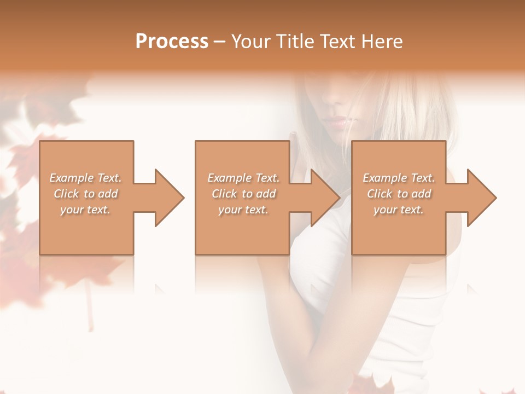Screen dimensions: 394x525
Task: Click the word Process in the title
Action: tap(172, 42)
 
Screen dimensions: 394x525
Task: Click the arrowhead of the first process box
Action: tap(167, 198)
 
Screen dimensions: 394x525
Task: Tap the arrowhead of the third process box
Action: tap(480, 198)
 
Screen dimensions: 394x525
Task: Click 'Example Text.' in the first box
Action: tap(86, 178)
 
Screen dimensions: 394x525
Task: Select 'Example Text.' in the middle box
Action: tap(243, 178)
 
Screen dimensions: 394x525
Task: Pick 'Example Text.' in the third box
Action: tap(399, 178)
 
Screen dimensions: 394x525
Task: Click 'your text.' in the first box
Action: tap(85, 210)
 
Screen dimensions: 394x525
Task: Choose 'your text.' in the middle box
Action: tap(243, 210)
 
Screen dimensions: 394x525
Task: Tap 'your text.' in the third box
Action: tap(399, 210)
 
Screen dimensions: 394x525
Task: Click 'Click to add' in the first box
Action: tap(86, 194)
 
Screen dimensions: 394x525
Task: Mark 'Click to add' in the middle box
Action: tap(243, 194)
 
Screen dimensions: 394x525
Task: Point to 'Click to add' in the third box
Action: tap(399, 194)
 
